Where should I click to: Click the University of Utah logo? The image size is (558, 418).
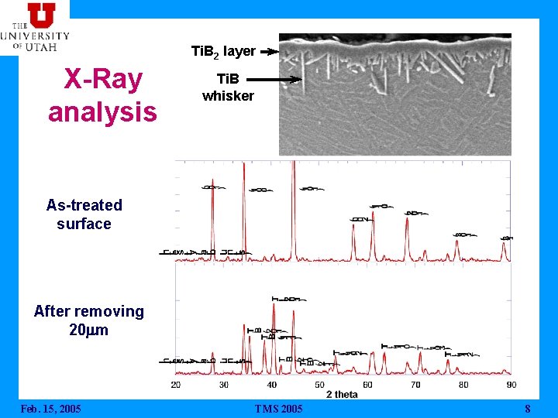(35, 26)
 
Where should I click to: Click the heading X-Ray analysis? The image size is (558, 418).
(102, 95)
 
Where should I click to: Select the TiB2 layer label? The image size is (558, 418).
(223, 51)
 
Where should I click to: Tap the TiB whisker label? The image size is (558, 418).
(228, 87)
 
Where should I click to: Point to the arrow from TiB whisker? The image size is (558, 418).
(274, 79)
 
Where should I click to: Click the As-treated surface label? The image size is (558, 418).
(84, 214)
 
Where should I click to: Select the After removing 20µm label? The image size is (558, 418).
(88, 320)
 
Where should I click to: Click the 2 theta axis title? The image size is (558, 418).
(342, 395)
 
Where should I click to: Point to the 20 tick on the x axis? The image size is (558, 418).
(176, 385)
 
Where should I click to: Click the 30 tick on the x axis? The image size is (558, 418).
(224, 385)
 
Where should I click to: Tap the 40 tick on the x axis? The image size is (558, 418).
(272, 385)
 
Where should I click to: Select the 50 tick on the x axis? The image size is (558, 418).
(319, 385)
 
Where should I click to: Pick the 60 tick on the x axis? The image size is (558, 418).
(367, 385)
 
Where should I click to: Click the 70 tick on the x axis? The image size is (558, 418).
(415, 385)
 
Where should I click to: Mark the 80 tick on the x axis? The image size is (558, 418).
(463, 385)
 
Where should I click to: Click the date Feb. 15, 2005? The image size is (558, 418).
(50, 409)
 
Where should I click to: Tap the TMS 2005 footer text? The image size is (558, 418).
(279, 409)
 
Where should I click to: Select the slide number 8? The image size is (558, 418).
(527, 409)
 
